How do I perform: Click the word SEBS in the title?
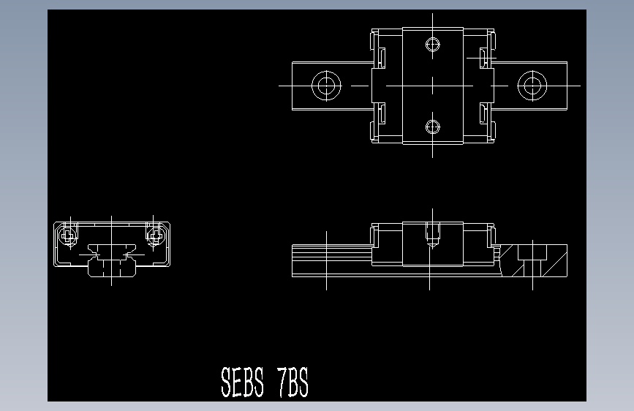242,382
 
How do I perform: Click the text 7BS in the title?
293,382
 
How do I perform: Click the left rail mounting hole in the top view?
326,86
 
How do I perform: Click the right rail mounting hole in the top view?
532,86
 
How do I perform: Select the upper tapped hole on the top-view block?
432,44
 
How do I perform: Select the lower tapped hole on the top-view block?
432,127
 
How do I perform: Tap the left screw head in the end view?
69,235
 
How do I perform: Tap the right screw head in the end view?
154,235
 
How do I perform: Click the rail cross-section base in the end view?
111,268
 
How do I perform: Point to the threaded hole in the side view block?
432,236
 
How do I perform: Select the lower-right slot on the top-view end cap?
483,113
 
